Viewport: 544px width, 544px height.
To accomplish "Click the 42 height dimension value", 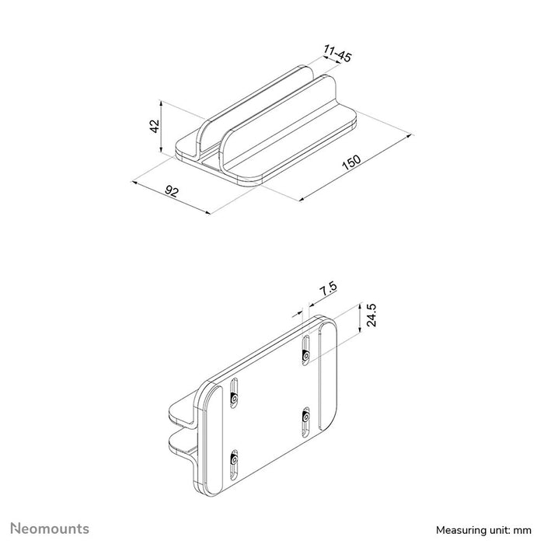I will click(155, 125).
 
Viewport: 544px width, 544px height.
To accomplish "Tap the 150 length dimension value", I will click(352, 163).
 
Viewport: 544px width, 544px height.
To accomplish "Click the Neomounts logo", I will click(49, 529).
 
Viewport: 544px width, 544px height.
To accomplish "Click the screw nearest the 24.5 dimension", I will click(306, 355).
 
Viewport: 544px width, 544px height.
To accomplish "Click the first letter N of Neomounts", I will click(14, 529).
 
